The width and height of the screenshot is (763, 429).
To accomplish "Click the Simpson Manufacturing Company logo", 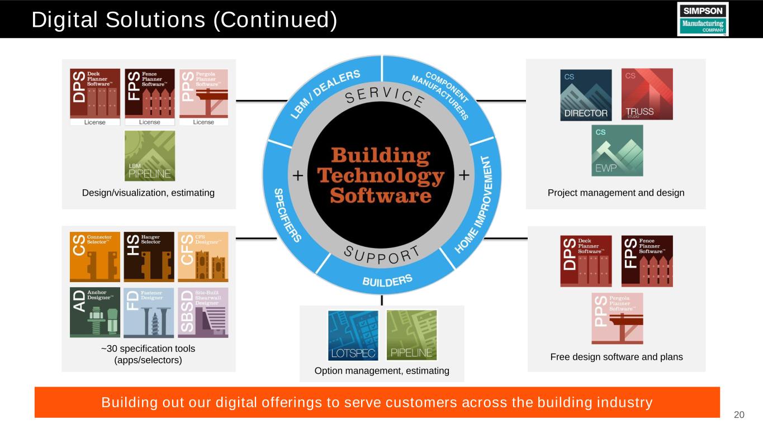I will tap(703, 18).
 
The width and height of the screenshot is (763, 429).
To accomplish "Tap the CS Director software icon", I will tap(586, 95).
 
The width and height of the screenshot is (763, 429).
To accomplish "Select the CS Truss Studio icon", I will tap(647, 94).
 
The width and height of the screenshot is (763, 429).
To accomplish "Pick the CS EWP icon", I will tap(617, 150).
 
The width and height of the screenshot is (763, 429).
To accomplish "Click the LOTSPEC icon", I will tap(353, 335).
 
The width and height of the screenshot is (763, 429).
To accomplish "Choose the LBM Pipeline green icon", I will tap(150, 156).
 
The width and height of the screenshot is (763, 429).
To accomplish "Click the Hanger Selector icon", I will tap(149, 257).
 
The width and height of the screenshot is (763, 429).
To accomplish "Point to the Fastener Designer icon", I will tap(149, 312).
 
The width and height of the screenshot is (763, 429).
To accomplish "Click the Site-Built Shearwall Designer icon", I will tap(203, 312).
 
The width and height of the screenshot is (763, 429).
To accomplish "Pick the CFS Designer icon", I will tap(203, 257).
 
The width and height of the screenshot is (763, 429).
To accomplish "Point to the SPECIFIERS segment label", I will tap(288, 214).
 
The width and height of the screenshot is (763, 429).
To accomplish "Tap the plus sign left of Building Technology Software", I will tap(298, 177).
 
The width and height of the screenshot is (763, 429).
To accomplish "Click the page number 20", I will tap(739, 414).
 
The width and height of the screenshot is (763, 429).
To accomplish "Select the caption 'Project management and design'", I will tap(615, 193).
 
